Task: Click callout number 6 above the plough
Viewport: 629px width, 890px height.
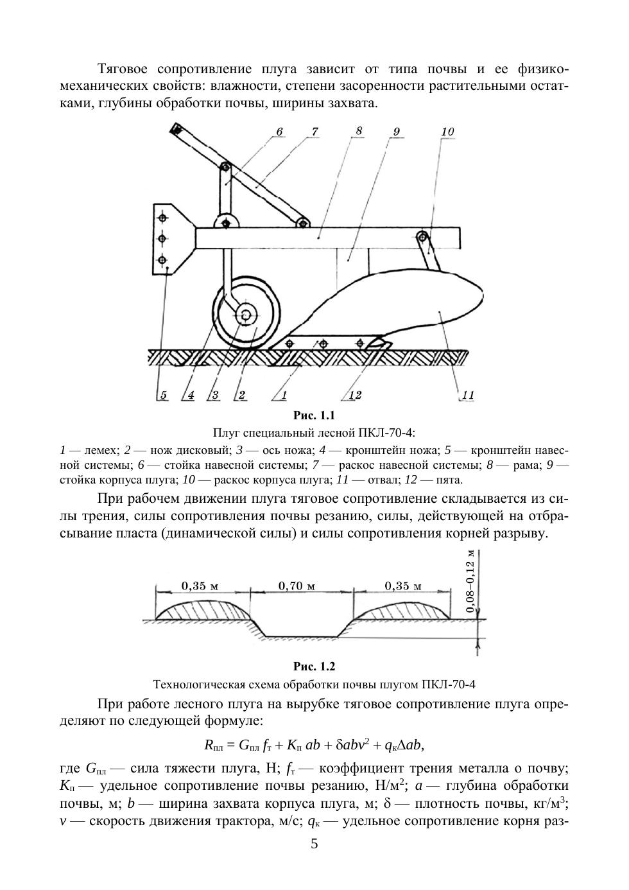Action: pyautogui.click(x=279, y=132)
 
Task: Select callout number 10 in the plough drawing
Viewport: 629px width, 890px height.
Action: pyautogui.click(x=447, y=132)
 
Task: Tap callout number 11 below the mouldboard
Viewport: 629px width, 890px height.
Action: pyautogui.click(x=468, y=395)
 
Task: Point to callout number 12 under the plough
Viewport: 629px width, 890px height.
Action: pyautogui.click(x=354, y=395)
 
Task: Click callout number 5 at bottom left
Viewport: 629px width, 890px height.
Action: pyautogui.click(x=164, y=395)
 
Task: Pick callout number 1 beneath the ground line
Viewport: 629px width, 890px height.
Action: pyautogui.click(x=283, y=395)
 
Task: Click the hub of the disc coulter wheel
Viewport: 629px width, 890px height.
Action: pyautogui.click(x=245, y=315)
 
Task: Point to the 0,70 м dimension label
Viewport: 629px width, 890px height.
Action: pyautogui.click(x=297, y=586)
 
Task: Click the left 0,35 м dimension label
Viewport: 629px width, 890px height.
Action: pyautogui.click(x=200, y=586)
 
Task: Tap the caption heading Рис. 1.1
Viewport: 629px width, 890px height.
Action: pyautogui.click(x=314, y=415)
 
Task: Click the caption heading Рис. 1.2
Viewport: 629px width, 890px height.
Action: pyautogui.click(x=314, y=667)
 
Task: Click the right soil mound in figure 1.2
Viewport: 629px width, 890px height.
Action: pyautogui.click(x=402, y=609)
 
